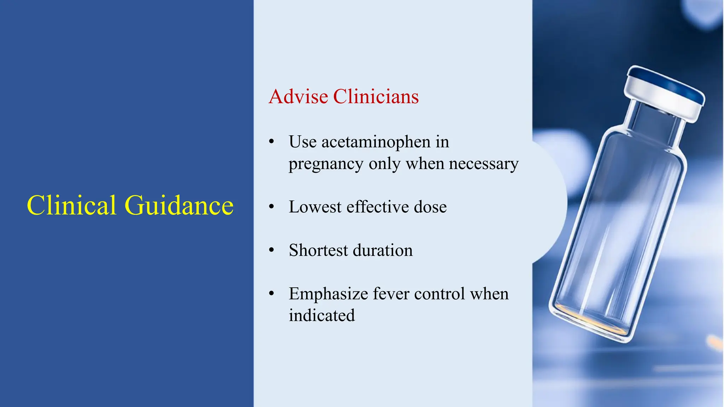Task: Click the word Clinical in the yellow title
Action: [x=71, y=205]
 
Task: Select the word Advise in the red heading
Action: [x=298, y=96]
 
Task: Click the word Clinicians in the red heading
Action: [x=376, y=96]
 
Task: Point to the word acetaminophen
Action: [x=376, y=142]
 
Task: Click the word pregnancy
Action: [x=326, y=164]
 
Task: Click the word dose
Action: [x=430, y=207]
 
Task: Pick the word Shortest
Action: [x=318, y=250]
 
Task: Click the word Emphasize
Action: [x=328, y=294]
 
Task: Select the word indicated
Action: [x=322, y=315]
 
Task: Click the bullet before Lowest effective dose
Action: [x=271, y=207]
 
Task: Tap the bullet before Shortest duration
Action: [x=271, y=250]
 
